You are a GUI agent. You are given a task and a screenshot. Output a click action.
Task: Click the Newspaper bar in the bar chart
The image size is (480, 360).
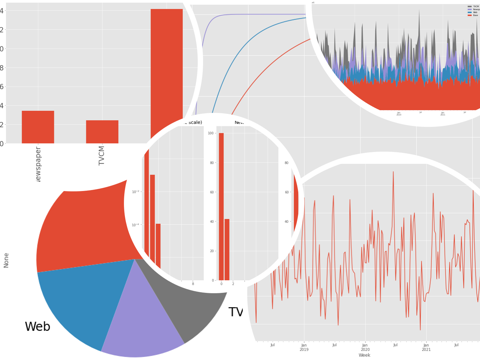[x=38, y=127]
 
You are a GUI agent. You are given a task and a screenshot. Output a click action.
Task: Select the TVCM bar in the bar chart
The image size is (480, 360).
[x=102, y=132]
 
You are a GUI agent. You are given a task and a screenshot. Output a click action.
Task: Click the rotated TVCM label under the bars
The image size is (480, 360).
[x=102, y=156]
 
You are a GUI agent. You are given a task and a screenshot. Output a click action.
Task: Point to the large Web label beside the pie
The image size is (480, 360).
[x=37, y=327]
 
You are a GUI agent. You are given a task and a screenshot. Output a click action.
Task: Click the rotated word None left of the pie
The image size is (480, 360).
[x=6, y=260]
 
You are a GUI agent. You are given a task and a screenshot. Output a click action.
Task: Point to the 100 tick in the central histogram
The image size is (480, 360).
[x=210, y=133]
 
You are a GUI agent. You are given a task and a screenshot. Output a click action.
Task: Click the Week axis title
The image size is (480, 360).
[x=364, y=355]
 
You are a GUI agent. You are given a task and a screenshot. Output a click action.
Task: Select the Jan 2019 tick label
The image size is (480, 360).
[x=304, y=347]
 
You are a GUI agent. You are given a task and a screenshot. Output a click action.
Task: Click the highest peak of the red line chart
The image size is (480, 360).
[x=393, y=172]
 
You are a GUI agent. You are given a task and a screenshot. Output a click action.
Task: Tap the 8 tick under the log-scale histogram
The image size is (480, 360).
[x=193, y=284]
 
